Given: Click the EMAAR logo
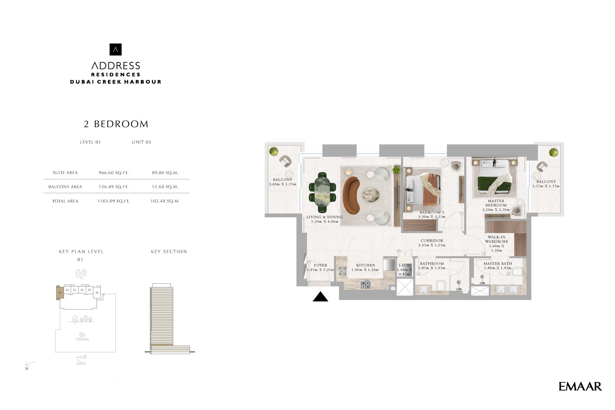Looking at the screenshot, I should click(580, 386).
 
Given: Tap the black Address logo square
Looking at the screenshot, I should click(116, 50).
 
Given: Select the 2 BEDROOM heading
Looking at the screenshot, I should click(116, 124).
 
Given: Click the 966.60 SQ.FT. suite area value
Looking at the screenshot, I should click(113, 173).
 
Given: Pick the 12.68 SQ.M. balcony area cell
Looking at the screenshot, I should click(165, 187).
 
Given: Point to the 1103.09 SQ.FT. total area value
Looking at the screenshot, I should click(113, 201).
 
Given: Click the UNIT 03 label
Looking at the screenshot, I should click(141, 142).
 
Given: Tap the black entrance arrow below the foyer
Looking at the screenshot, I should click(320, 296).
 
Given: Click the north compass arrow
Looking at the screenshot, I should click(30, 364).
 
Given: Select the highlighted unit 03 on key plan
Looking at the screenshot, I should click(60, 292).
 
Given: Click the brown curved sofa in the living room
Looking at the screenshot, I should click(351, 195).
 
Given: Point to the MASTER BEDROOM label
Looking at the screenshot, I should click(496, 203).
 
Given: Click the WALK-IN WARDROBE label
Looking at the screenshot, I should click(496, 239).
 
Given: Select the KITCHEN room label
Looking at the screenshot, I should click(365, 265).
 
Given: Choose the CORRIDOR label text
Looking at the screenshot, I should click(432, 241).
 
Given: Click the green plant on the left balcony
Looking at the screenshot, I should click(273, 152).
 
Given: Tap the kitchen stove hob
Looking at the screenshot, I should click(365, 284).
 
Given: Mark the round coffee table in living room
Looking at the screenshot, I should click(370, 195).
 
